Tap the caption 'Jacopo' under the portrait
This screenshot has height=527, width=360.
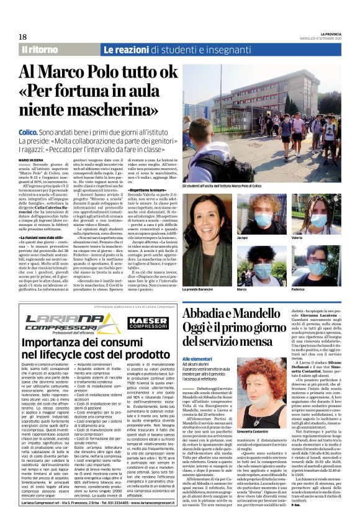[261, 237]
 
